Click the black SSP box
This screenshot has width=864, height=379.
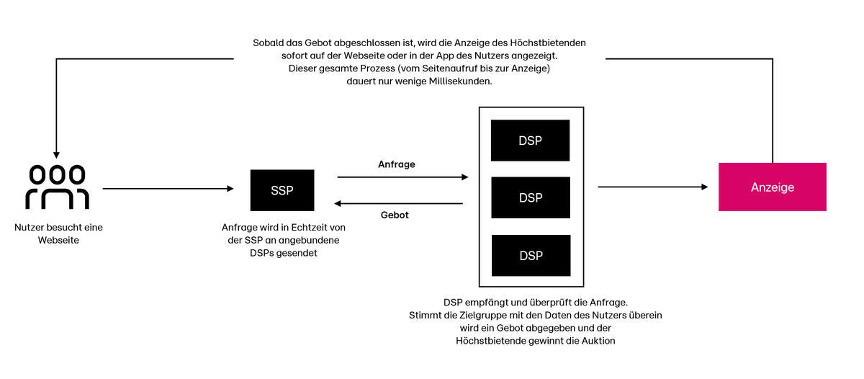(282, 190)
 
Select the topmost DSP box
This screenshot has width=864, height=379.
(530, 141)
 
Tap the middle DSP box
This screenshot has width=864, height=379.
(531, 197)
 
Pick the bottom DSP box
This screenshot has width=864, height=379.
(531, 256)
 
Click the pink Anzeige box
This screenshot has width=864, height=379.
(772, 187)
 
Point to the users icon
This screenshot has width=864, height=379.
(58, 187)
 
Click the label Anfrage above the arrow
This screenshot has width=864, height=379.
(397, 164)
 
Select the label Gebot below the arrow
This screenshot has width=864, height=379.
(395, 215)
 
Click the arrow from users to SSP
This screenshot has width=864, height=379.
(168, 188)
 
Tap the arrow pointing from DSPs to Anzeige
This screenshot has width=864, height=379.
(653, 187)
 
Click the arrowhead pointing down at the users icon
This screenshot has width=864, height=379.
(56, 155)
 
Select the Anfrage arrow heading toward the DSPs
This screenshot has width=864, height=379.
(402, 177)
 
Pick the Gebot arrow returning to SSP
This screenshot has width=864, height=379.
(398, 203)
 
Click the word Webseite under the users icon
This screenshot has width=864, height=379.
(58, 240)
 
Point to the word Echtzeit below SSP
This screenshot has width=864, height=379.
(306, 227)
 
